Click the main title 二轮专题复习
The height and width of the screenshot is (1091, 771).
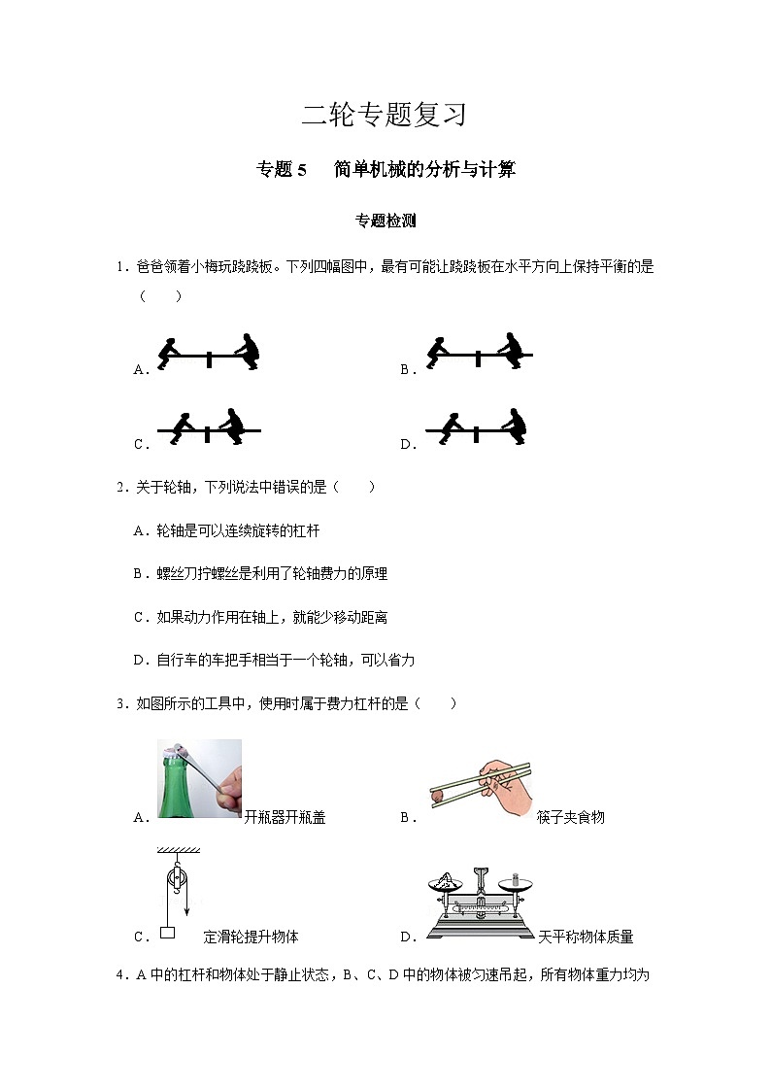[x=385, y=115]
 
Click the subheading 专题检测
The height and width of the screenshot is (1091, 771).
[x=385, y=221]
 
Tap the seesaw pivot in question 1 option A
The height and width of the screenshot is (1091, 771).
[x=209, y=360]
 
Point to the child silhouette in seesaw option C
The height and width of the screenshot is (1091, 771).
[x=183, y=427]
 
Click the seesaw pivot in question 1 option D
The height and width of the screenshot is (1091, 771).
[x=476, y=434]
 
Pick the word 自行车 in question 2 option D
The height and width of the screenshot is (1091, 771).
[x=176, y=660]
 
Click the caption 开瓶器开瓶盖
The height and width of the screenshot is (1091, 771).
[x=285, y=817]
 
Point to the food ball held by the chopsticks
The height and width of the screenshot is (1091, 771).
[x=438, y=796]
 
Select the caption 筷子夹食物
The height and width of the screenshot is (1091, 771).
[x=570, y=817]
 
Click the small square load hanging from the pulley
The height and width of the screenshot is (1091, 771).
[x=167, y=933]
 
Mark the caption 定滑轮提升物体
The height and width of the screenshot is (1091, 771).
[x=251, y=937]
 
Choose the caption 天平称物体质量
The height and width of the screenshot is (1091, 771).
[x=585, y=937]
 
